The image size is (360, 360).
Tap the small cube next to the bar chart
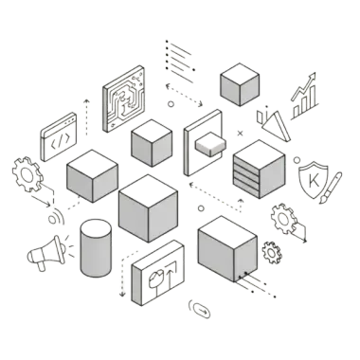click(x=240, y=83)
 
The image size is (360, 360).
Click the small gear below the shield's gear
click(x=271, y=252)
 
